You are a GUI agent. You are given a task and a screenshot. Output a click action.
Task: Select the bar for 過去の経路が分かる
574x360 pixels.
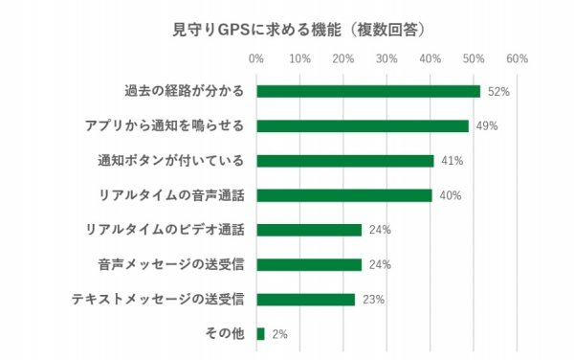(x=368, y=92)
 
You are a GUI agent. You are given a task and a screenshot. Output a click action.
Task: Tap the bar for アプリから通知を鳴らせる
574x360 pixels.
(x=363, y=126)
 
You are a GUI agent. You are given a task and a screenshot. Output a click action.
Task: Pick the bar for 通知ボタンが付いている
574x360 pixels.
(x=345, y=161)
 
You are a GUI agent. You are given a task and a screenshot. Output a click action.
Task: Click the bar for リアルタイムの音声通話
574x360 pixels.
(x=343, y=195)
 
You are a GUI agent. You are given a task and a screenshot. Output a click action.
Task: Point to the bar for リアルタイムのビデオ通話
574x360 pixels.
(x=309, y=230)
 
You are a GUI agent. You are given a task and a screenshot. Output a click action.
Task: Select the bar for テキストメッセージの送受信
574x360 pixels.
(x=306, y=299)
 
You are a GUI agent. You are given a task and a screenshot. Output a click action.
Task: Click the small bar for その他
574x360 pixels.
(x=260, y=333)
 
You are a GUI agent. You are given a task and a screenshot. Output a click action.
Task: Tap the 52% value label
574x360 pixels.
(x=497, y=92)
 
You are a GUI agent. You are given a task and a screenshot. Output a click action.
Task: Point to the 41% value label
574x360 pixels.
(x=451, y=161)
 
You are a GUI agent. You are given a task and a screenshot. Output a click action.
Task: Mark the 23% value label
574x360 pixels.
(x=373, y=300)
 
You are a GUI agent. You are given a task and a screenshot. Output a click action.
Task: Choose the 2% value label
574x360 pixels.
(x=279, y=334)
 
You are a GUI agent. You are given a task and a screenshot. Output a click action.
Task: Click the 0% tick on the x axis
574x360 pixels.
(x=256, y=59)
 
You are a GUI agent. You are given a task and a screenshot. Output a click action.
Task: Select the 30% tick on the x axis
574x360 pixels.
(x=386, y=59)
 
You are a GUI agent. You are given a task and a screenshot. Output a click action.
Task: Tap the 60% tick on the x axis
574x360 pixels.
(x=517, y=59)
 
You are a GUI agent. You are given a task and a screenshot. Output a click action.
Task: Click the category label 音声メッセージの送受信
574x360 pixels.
(x=170, y=264)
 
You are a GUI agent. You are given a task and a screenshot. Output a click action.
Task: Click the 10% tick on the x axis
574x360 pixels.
(x=299, y=59)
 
